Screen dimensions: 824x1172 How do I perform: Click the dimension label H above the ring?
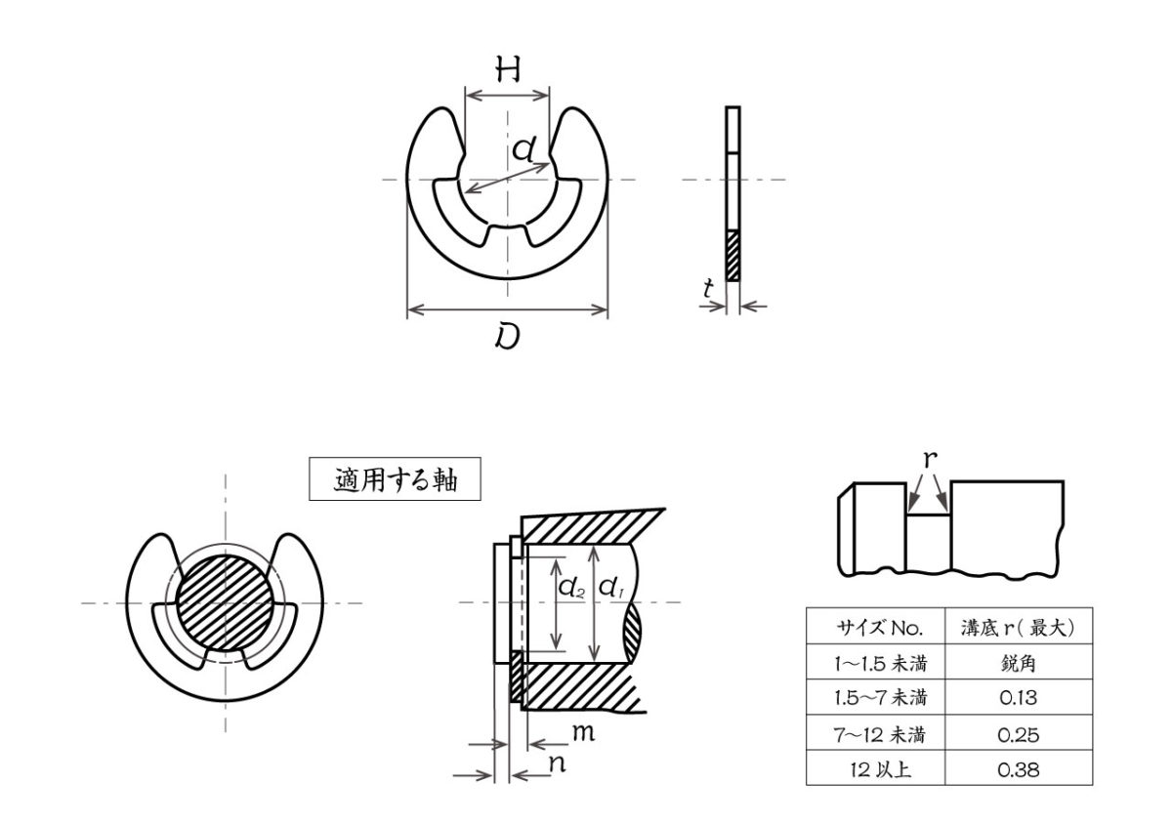pyautogui.click(x=507, y=69)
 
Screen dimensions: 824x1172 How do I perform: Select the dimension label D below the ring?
pyautogui.click(x=507, y=337)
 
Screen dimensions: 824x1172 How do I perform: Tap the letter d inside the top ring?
pyautogui.click(x=524, y=148)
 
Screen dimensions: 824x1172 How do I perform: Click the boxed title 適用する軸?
pyautogui.click(x=395, y=480)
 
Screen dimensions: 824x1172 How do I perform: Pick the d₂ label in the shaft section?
pyautogui.click(x=571, y=588)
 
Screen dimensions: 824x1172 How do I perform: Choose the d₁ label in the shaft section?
pyautogui.click(x=611, y=588)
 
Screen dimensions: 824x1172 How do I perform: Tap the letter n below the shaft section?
pyautogui.click(x=557, y=763)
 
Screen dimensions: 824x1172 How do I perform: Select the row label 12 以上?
pyautogui.click(x=873, y=769)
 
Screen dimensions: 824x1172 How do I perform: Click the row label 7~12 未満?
pyautogui.click(x=873, y=734)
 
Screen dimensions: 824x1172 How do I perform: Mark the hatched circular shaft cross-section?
pyautogui.click(x=226, y=601)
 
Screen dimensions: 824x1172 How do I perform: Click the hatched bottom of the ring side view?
pyautogui.click(x=733, y=255)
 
